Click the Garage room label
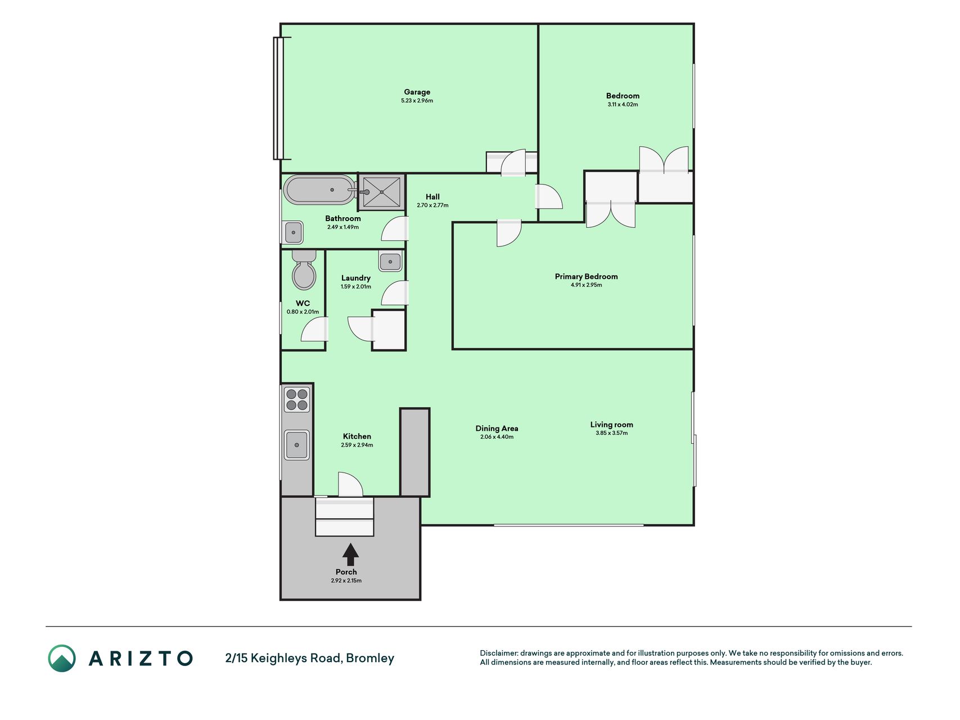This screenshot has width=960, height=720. [x=417, y=92]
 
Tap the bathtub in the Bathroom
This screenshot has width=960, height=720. [x=319, y=190]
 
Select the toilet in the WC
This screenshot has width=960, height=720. [x=304, y=270]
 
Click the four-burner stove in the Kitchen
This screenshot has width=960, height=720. [x=297, y=399]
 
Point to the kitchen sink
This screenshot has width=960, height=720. [x=297, y=445]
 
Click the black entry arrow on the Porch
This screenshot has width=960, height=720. [x=350, y=554]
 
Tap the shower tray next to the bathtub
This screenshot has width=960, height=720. [x=382, y=192]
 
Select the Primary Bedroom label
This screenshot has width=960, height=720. [x=586, y=276]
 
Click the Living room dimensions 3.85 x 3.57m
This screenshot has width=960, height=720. [x=611, y=433]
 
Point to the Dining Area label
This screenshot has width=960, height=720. [x=497, y=428]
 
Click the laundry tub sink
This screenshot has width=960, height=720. [x=390, y=262]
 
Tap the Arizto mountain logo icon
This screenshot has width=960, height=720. [x=62, y=658]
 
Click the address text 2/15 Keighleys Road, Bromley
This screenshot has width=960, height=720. [x=309, y=658]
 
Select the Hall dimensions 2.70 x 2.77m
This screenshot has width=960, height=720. [x=432, y=205]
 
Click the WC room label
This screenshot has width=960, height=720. [x=303, y=303]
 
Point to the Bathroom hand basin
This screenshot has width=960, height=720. [x=293, y=232]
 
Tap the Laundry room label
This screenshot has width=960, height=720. [x=355, y=278]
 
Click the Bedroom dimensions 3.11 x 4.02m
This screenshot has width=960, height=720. [x=623, y=105]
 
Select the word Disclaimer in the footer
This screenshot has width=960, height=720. [x=498, y=653]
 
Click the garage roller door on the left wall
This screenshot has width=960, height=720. [x=278, y=98]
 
